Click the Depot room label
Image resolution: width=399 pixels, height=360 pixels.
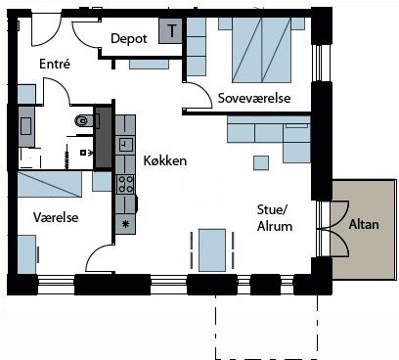point(129,39)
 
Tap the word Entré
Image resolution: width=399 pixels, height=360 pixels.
point(55,64)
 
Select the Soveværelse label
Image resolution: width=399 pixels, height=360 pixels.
point(254,98)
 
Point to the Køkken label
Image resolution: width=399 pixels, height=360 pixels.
point(165,160)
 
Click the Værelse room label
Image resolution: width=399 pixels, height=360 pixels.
point(56,217)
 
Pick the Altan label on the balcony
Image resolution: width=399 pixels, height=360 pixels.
point(364,224)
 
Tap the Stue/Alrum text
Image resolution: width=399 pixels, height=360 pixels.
point(275,218)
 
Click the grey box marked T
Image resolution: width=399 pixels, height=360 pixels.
point(170,30)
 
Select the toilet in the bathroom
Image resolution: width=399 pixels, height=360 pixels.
point(82,121)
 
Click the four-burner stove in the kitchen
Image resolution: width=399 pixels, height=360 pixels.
point(125,184)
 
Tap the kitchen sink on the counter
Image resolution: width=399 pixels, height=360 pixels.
point(125,144)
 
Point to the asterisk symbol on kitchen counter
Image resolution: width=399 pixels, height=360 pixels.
point(125,224)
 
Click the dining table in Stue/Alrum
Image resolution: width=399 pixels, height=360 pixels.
point(212,250)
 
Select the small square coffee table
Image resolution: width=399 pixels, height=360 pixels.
point(261,163)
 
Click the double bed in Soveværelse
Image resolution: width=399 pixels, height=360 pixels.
point(261,50)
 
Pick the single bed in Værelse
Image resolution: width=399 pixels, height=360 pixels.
point(50,184)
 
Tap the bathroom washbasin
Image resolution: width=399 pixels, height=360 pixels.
point(26,126)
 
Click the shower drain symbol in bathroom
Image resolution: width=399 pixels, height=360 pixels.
point(83,153)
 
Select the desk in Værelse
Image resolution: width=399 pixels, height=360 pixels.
point(26,254)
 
